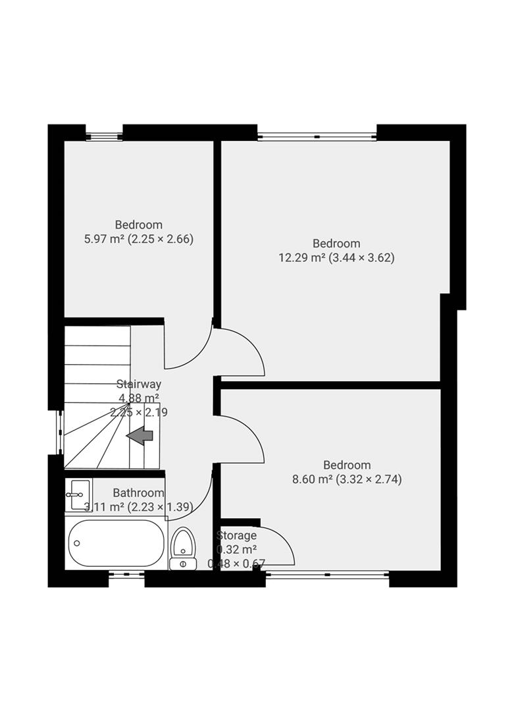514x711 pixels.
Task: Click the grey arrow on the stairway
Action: [x=140, y=435]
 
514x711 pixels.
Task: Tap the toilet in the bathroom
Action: [x=183, y=548]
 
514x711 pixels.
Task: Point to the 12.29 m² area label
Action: [x=336, y=258]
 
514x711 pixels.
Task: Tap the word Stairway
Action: [x=139, y=384]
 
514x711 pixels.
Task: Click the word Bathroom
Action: [x=138, y=492]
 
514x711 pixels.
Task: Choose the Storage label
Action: [x=236, y=535]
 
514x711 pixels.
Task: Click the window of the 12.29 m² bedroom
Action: [x=317, y=137]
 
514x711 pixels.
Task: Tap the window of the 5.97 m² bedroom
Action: [x=104, y=137]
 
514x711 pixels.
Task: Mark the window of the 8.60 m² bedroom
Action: [x=327, y=575]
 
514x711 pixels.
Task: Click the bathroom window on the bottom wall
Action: [x=126, y=575]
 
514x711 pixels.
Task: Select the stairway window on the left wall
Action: [x=60, y=433]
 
